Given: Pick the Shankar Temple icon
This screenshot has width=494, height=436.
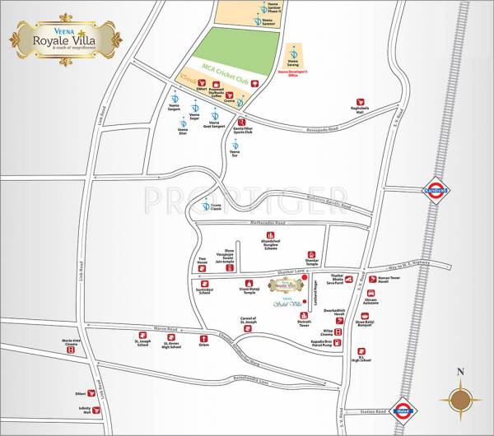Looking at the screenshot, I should (x=312, y=254).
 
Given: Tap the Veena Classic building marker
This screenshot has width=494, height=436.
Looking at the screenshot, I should (x=205, y=205).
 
